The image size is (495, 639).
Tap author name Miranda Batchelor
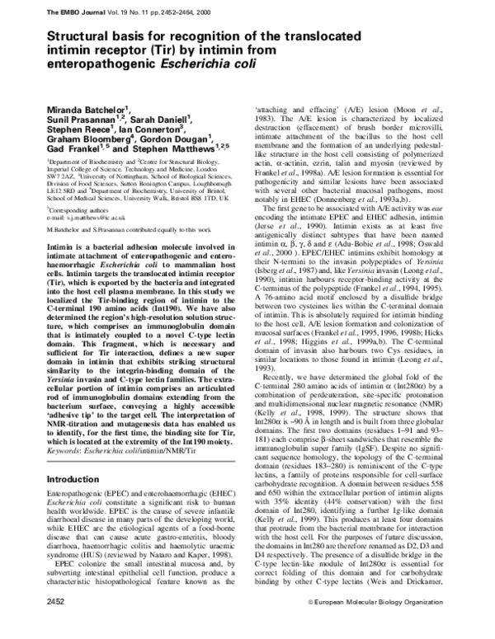tap(87, 110)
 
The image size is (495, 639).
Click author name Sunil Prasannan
tap(81, 120)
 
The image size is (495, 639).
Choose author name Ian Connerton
tap(151, 129)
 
